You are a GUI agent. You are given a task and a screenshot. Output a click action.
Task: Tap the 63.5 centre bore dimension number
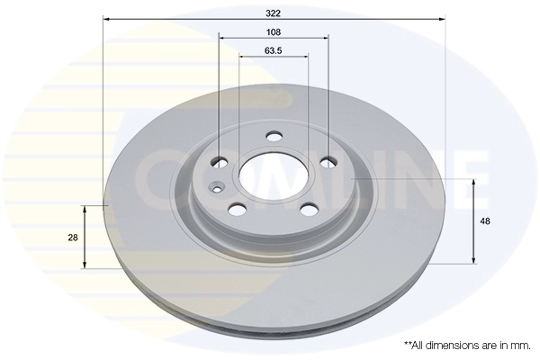[x=274, y=50]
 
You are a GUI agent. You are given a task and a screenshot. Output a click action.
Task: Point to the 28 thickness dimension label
[x=73, y=237]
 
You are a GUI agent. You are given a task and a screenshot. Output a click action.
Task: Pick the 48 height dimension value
[x=485, y=220]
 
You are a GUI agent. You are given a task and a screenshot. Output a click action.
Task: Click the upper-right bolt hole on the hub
[x=328, y=162]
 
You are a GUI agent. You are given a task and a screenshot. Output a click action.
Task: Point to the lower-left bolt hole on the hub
[x=238, y=209]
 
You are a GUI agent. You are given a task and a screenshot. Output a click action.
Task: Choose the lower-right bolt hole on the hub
[x=309, y=209]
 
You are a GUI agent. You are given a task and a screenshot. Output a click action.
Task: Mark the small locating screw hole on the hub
[x=216, y=188]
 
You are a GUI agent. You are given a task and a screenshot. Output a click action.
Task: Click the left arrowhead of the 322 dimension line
[x=106, y=18]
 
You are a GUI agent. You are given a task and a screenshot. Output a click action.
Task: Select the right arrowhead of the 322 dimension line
[x=443, y=18]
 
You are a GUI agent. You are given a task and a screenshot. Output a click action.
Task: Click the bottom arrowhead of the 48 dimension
[x=473, y=260]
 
